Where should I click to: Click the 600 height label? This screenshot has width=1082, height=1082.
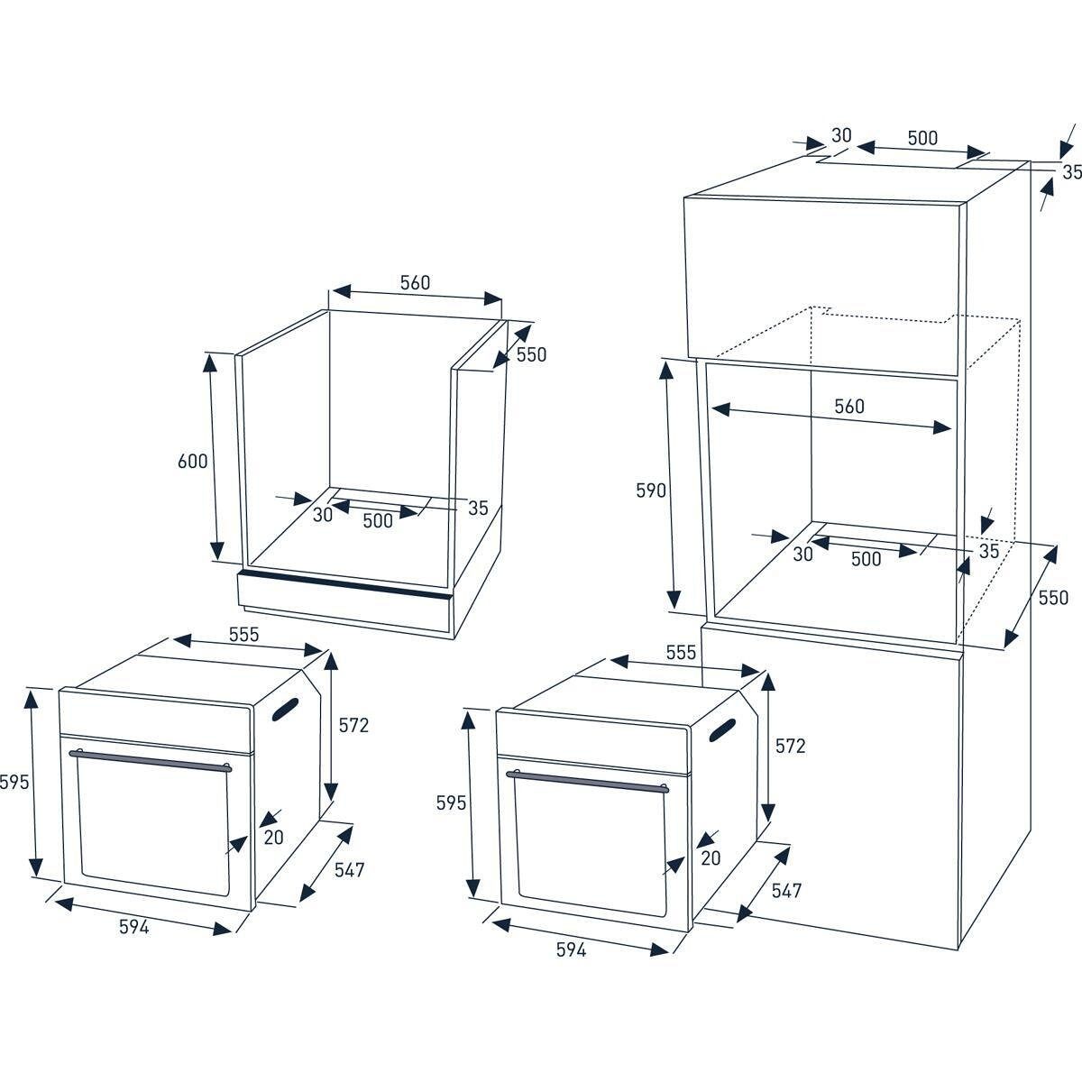pyautogui.click(x=193, y=461)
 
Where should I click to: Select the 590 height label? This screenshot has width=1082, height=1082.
pyautogui.click(x=651, y=491)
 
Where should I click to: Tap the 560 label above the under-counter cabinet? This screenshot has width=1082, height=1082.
pyautogui.click(x=415, y=282)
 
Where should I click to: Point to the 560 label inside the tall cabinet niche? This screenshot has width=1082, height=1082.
pyautogui.click(x=849, y=406)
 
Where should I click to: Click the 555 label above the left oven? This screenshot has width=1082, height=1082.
pyautogui.click(x=243, y=635)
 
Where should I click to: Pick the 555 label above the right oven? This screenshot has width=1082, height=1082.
pyautogui.click(x=681, y=653)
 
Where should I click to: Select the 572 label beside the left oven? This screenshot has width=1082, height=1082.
pyautogui.click(x=353, y=726)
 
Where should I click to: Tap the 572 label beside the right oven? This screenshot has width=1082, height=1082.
pyautogui.click(x=790, y=746)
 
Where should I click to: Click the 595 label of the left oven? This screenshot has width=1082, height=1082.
pyautogui.click(x=14, y=782)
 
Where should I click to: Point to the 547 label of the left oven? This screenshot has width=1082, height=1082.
pyautogui.click(x=349, y=870)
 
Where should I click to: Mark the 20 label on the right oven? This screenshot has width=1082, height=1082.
pyautogui.click(x=711, y=858)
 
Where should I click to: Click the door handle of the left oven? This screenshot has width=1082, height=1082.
pyautogui.click(x=150, y=760)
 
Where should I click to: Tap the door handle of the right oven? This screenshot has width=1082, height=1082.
pyautogui.click(x=587, y=782)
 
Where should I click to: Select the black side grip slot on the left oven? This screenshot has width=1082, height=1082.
pyautogui.click(x=285, y=710)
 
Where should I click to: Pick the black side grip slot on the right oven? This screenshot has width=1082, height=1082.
pyautogui.click(x=722, y=730)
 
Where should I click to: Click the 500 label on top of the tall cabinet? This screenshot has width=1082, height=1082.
pyautogui.click(x=922, y=138)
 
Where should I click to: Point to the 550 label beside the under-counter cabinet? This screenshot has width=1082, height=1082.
pyautogui.click(x=531, y=354)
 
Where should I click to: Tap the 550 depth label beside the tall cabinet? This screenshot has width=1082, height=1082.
pyautogui.click(x=1053, y=598)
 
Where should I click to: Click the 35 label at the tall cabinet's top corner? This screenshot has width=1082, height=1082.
pyautogui.click(x=1071, y=172)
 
